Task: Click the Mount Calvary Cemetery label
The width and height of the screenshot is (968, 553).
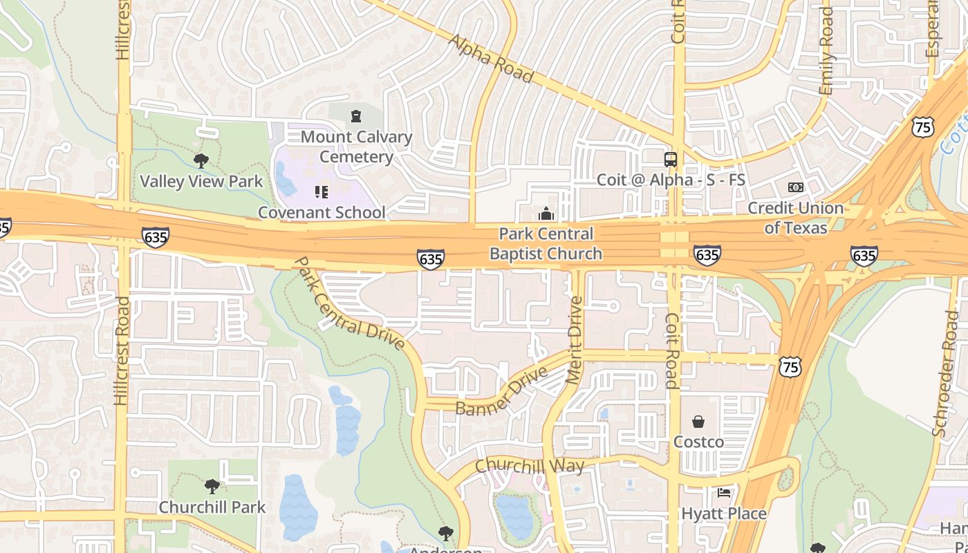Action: pyautogui.click(x=356, y=147)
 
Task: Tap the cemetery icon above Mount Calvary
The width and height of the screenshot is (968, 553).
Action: pyautogui.click(x=356, y=116)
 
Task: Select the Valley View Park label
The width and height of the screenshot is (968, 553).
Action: pyautogui.click(x=201, y=182)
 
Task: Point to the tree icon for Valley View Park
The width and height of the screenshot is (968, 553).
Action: pyautogui.click(x=201, y=161)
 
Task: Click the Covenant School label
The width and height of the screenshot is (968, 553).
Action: pyautogui.click(x=322, y=212)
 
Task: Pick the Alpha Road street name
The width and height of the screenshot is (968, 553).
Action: pyautogui.click(x=491, y=58)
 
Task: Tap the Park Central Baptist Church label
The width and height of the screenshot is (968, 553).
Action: pyautogui.click(x=546, y=243)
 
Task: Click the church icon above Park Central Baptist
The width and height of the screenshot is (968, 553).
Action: pyautogui.click(x=546, y=214)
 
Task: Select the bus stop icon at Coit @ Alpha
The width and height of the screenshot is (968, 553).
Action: pyautogui.click(x=671, y=159)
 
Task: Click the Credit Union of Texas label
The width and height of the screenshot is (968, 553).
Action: pyautogui.click(x=796, y=217)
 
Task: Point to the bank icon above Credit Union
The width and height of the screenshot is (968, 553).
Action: pyautogui.click(x=796, y=187)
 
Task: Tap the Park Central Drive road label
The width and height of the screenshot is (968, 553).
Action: pyautogui.click(x=349, y=303)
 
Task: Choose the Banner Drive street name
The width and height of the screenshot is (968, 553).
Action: pyautogui.click(x=502, y=391)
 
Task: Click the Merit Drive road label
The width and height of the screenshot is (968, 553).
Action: pyautogui.click(x=575, y=339)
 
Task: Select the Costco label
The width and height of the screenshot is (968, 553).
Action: pyautogui.click(x=699, y=442)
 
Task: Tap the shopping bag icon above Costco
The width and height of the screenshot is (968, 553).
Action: pyautogui.click(x=699, y=422)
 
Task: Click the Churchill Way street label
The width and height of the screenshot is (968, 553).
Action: pyautogui.click(x=530, y=465)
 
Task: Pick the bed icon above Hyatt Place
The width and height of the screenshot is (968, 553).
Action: pyautogui.click(x=724, y=493)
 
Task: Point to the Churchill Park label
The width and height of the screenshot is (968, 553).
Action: pyautogui.click(x=212, y=507)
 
